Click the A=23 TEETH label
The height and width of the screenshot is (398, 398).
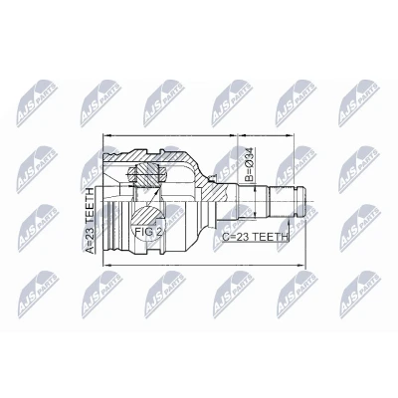tap(91, 221)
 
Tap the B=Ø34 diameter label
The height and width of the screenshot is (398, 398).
tap(249, 164)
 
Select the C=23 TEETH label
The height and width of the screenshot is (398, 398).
tap(255, 237)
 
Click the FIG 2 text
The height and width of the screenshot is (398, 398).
tap(148, 232)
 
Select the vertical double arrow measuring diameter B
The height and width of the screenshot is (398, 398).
tap(255, 203)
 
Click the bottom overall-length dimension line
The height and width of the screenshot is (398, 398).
tap(203, 265)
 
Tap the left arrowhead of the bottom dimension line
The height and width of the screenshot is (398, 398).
tap(106, 265)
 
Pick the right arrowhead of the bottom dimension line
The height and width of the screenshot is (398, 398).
tap(300, 265)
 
